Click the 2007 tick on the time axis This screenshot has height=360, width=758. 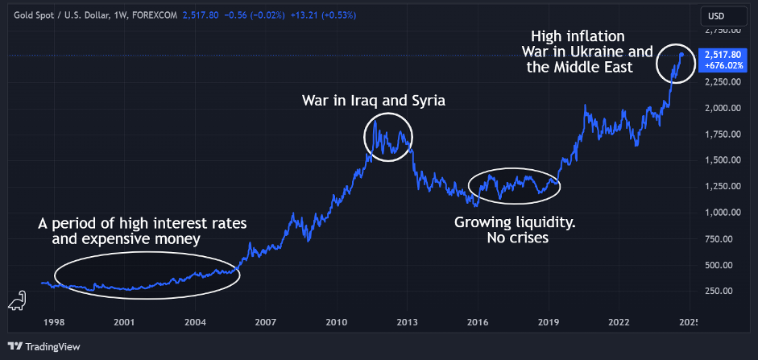point(266,321)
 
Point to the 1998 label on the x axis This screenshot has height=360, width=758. point(54,321)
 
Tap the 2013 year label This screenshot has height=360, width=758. point(407,321)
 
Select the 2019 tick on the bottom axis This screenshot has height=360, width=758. point(549,321)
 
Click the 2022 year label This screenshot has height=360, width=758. point(619,321)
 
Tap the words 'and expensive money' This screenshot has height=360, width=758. point(126,239)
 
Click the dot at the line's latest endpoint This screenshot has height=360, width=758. point(681,55)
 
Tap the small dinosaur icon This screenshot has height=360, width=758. point(15,301)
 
